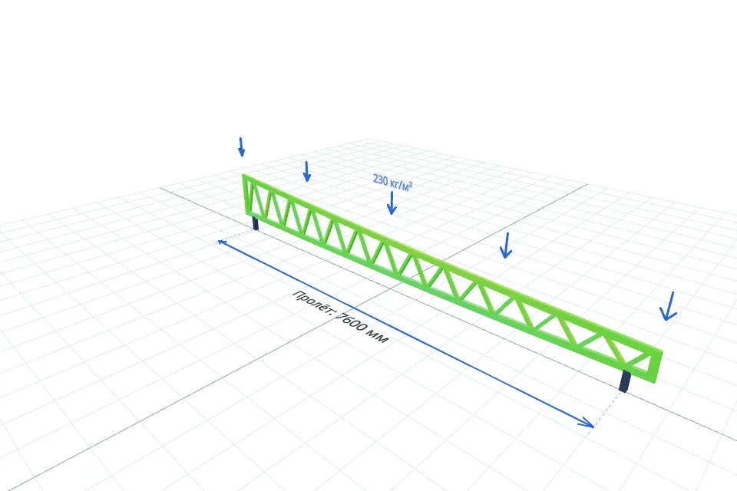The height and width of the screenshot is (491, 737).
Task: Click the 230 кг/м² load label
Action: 392,183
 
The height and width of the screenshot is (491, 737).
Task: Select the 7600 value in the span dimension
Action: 351,321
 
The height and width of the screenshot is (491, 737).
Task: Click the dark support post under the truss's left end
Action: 255,222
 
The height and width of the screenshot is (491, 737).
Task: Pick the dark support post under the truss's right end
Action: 625,381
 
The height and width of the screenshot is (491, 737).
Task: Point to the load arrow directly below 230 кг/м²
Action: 391,203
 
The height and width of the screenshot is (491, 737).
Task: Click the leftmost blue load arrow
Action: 241,147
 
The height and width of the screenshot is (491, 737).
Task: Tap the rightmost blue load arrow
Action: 669,306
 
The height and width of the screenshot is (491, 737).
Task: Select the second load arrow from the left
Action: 307,171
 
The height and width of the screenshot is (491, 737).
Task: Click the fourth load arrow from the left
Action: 506,245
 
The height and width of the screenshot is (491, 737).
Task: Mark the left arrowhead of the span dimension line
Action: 221,242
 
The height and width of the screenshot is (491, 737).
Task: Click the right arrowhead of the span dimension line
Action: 587,423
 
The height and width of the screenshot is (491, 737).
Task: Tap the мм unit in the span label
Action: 377,335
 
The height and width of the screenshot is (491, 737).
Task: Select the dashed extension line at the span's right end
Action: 607,410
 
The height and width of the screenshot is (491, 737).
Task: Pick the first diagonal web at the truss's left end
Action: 254,199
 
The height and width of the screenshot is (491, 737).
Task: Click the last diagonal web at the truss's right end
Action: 640,361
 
